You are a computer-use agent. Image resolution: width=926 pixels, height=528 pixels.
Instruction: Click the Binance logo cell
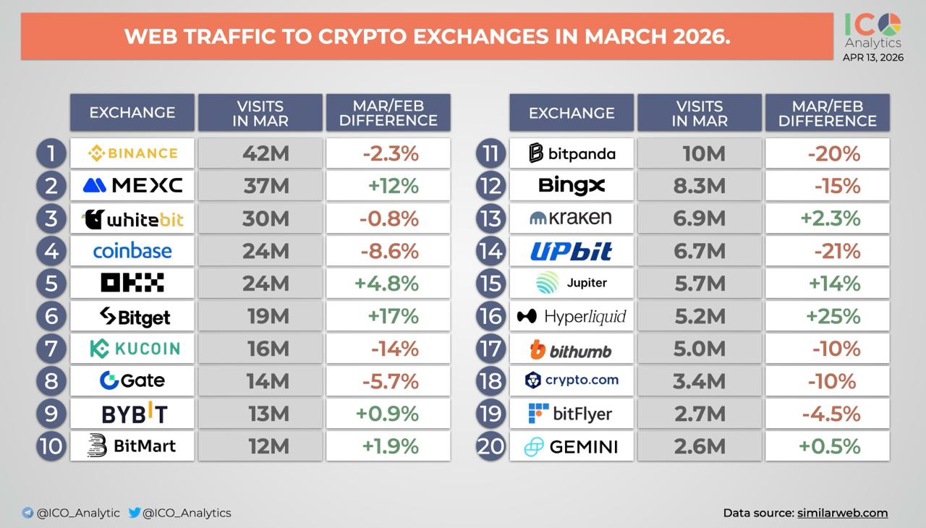pyautogui.click(x=132, y=153)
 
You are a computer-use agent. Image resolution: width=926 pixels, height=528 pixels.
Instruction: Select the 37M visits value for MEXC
pyautogui.click(x=266, y=186)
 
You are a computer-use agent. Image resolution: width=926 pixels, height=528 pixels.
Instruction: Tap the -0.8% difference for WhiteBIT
pyautogui.click(x=389, y=218)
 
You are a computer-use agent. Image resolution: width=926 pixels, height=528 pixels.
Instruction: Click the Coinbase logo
pyautogui.click(x=132, y=251)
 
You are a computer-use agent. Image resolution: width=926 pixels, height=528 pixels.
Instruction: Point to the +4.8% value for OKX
pyautogui.click(x=386, y=284)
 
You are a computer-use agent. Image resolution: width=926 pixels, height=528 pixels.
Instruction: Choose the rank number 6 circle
pyautogui.click(x=51, y=316)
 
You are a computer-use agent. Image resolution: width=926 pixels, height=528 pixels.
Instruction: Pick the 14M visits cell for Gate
pyautogui.click(x=267, y=381)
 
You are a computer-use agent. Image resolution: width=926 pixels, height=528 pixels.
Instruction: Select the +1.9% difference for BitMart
pyautogui.click(x=391, y=446)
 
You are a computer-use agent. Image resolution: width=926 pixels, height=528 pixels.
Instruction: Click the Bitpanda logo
pyautogui.click(x=572, y=153)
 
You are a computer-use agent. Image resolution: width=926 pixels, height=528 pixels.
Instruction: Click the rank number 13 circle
pyautogui.click(x=490, y=218)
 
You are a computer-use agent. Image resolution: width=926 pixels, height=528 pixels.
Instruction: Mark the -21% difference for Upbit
pyautogui.click(x=837, y=251)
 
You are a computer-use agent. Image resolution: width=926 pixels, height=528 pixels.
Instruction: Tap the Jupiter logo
pyautogui.click(x=572, y=283)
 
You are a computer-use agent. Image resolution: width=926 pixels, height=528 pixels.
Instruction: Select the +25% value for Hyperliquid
pyautogui.click(x=834, y=316)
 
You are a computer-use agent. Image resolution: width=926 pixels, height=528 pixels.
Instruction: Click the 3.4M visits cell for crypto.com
pyautogui.click(x=699, y=381)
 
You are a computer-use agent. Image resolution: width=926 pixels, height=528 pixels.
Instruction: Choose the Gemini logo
pyautogui.click(x=572, y=447)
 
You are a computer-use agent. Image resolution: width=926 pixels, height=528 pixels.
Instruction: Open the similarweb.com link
pyautogui.click(x=842, y=513)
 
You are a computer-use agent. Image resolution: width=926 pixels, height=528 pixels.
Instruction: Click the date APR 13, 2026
pyautogui.click(x=873, y=58)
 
